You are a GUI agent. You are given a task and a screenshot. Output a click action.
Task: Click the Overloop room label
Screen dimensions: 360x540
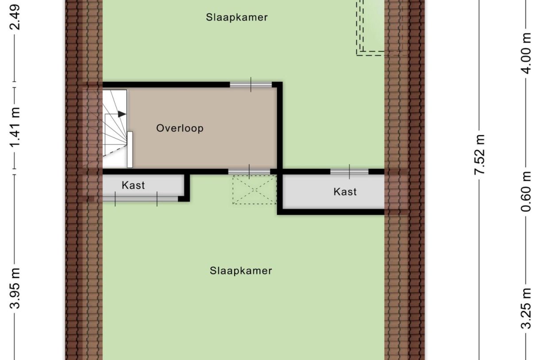pos(180,128)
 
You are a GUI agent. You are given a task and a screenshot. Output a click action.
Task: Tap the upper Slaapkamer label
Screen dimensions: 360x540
pos(237,18)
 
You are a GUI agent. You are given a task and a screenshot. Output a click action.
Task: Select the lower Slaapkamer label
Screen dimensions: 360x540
pos(241,271)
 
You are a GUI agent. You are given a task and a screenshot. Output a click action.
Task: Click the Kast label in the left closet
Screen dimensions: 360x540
pos(133,185)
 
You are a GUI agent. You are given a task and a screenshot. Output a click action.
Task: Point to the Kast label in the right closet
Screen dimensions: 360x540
pos(345,192)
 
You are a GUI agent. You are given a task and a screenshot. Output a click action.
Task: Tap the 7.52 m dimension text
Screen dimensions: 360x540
pos(480,155)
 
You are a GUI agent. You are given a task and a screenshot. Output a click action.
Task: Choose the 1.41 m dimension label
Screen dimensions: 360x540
pos(16,128)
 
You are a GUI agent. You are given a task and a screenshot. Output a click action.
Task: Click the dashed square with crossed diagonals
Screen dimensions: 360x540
pos(255,190)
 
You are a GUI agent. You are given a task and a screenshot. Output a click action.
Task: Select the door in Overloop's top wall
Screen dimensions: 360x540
pos(251,84)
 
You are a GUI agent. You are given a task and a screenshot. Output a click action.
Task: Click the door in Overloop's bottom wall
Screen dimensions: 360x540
pos(249,171)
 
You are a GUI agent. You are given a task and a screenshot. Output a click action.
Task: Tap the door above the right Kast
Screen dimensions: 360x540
pos(349,171)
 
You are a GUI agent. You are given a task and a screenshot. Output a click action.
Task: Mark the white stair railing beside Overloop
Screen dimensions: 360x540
pos(130,150)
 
